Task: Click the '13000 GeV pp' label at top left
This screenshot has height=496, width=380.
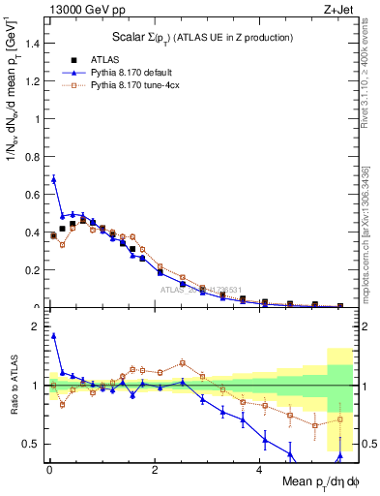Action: tap(79, 11)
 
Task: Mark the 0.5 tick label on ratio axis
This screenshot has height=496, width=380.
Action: tap(32, 444)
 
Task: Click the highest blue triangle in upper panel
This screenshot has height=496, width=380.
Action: tap(53, 179)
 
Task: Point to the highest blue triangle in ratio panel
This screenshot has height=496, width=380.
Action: tap(53, 336)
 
